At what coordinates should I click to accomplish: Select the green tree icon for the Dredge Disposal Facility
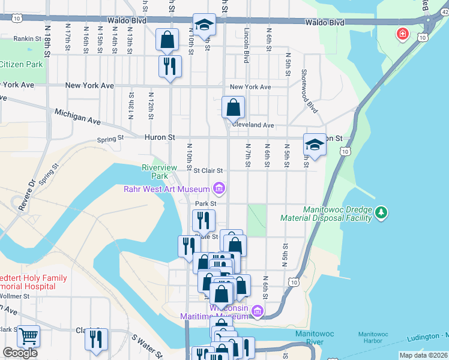pyautogui.click(x=381, y=212)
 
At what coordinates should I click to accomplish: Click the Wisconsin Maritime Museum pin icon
pyautogui.click(x=258, y=311)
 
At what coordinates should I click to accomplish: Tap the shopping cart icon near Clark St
pyautogui.click(x=28, y=336)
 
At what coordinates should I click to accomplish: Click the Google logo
pyautogui.click(x=20, y=352)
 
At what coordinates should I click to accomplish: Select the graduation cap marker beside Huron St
pyautogui.click(x=315, y=145)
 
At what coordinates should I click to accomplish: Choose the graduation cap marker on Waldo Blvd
pyautogui.click(x=204, y=25)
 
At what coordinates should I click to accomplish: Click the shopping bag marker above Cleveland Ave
pyautogui.click(x=233, y=108)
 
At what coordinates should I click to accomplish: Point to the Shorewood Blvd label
pyautogui.click(x=312, y=89)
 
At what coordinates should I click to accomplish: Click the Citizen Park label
pyautogui.click(x=21, y=64)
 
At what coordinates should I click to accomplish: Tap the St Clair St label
pyautogui.click(x=208, y=170)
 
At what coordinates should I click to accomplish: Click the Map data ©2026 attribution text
pyautogui.click(x=424, y=355)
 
